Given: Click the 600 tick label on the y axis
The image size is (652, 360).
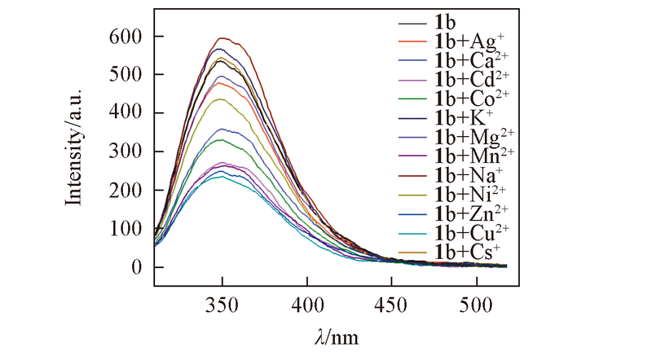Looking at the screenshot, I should point(126,37).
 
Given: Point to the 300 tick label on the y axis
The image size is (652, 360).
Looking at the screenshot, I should point(126,151).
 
